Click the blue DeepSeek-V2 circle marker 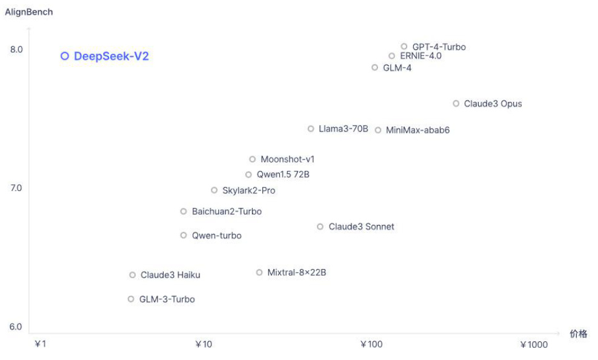click(x=65, y=56)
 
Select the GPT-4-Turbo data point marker click(x=404, y=47)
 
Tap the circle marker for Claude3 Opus click(x=456, y=104)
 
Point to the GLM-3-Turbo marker click(x=131, y=299)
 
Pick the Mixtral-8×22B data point click(x=259, y=272)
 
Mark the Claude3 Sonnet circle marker click(x=321, y=227)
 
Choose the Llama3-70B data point click(x=311, y=128)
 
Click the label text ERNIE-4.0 click(x=420, y=56)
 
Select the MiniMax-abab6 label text click(x=417, y=130)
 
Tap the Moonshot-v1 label click(x=287, y=159)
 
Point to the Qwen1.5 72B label click(x=283, y=175)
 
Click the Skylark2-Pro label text click(x=248, y=190)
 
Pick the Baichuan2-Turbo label click(x=227, y=212)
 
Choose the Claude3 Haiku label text click(x=170, y=275)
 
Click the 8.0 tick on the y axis click(x=16, y=49)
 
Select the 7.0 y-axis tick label click(x=16, y=188)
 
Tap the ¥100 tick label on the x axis click(x=371, y=345)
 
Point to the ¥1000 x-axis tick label click(x=533, y=345)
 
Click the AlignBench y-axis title click(x=29, y=12)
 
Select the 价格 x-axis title click(x=578, y=334)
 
